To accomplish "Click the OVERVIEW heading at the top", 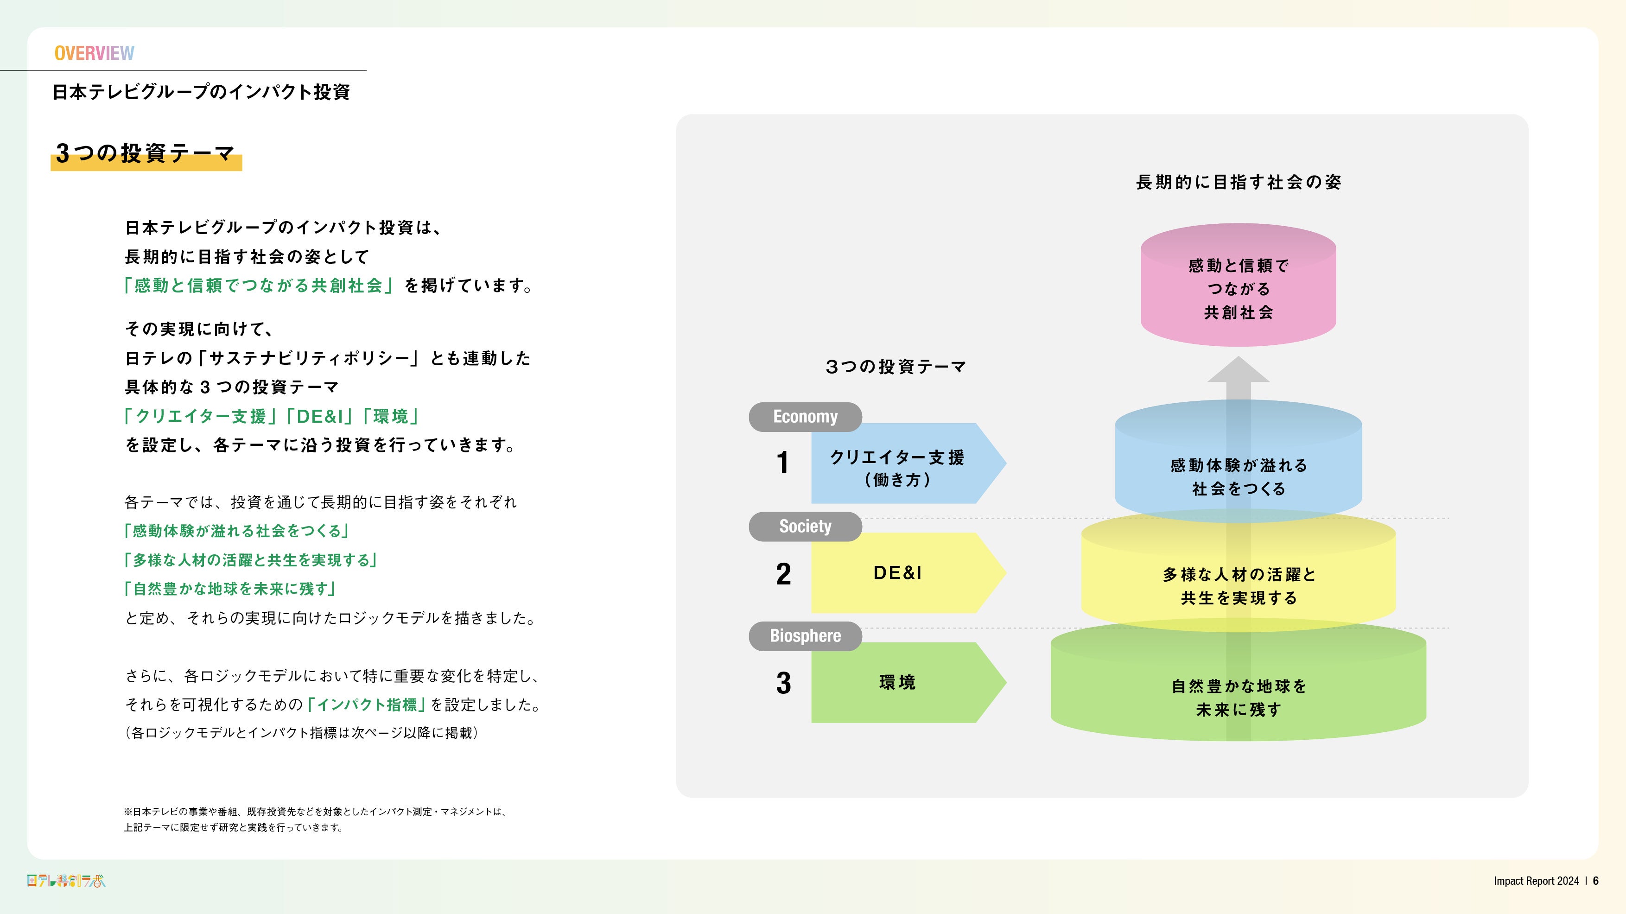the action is click(x=94, y=53).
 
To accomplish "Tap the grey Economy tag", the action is click(x=805, y=417).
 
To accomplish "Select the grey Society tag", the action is click(x=805, y=527).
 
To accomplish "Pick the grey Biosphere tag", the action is click(x=805, y=635).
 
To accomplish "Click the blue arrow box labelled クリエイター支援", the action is click(x=902, y=464).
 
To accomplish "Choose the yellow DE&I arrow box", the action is click(x=902, y=573).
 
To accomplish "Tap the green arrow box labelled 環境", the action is click(x=902, y=682).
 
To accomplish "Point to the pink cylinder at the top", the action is click(x=1238, y=287).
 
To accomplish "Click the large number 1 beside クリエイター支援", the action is click(x=783, y=463).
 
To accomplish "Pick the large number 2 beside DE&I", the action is click(x=783, y=574).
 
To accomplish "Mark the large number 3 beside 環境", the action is click(x=783, y=683).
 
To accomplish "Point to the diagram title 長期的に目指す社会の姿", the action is click(x=1238, y=183).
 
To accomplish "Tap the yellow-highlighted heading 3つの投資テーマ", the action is click(x=146, y=153).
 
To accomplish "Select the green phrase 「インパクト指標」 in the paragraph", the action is click(x=366, y=705).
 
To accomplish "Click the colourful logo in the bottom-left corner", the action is click(x=66, y=881).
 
